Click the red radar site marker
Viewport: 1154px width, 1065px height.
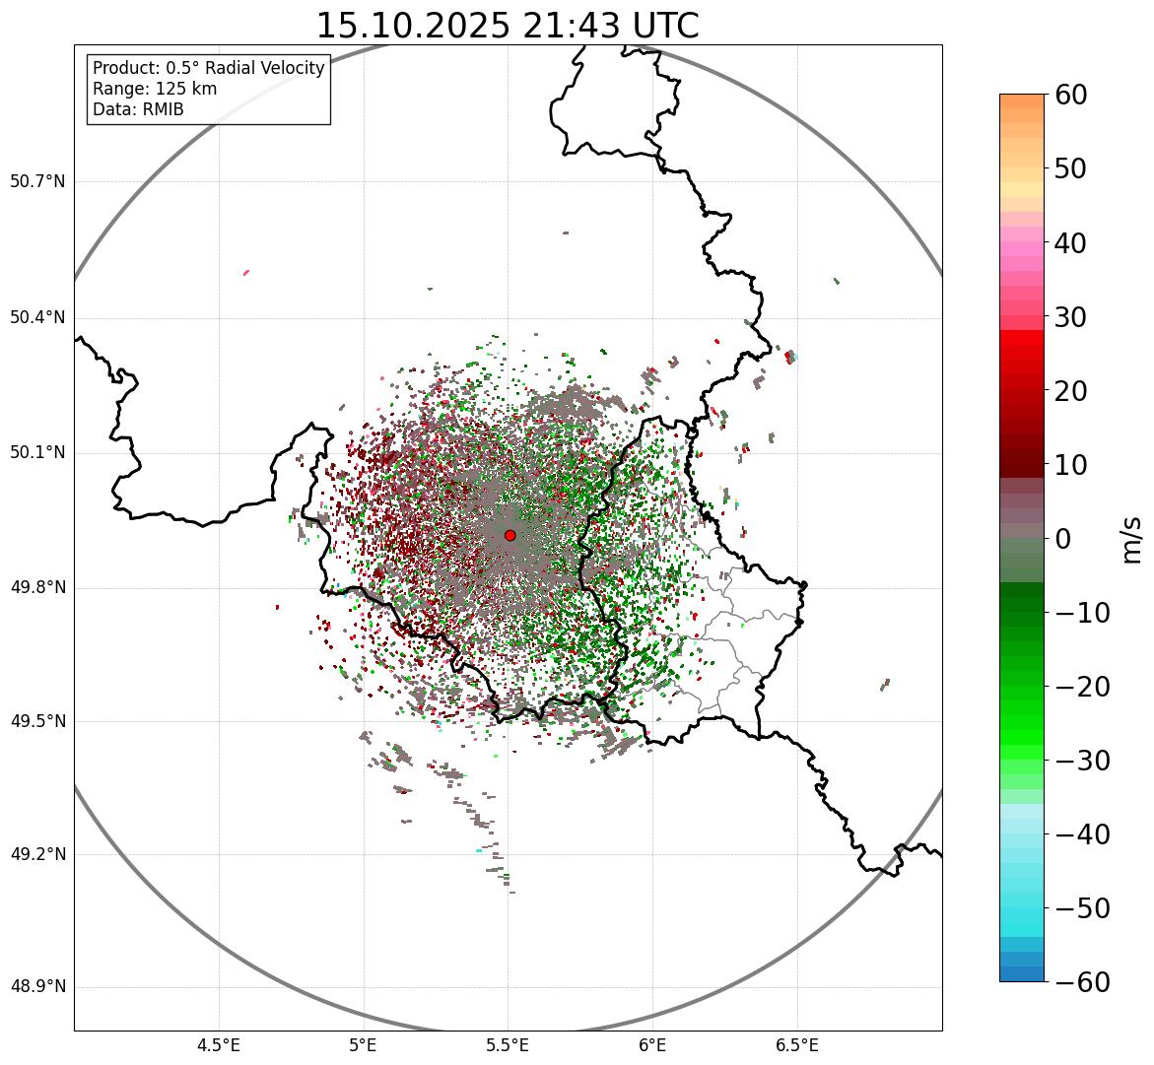coord(509,535)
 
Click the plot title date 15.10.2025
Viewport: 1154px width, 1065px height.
coord(412,26)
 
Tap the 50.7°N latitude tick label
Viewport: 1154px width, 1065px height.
coord(37,181)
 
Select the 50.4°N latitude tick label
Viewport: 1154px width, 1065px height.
coord(37,317)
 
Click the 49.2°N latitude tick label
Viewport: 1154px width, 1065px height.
coord(37,854)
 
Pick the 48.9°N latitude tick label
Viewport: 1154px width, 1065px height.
coord(37,987)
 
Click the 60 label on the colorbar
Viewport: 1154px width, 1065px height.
coord(1072,96)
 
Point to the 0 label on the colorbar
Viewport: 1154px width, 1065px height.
coord(1063,539)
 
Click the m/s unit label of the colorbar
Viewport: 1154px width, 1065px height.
coord(1131,539)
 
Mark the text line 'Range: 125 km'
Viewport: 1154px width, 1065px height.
coord(155,89)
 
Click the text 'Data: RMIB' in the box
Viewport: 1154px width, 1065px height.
coord(138,109)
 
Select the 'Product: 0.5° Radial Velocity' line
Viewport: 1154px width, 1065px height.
coord(208,68)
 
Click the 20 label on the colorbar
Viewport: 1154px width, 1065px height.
coord(1072,391)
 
